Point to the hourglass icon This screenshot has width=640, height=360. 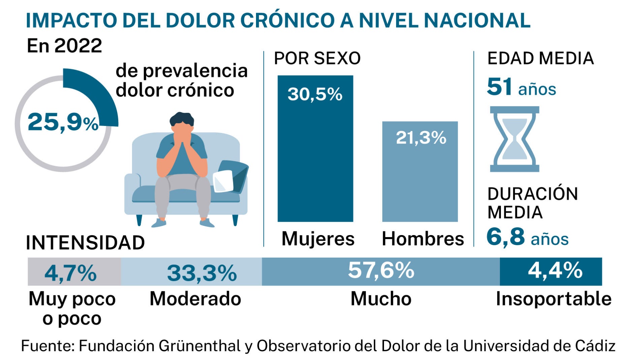[514, 139]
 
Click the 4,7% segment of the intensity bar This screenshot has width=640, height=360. [74, 272]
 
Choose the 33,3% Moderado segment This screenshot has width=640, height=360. [191, 272]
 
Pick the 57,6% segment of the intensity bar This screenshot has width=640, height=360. [381, 271]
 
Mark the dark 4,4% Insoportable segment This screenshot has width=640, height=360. [551, 271]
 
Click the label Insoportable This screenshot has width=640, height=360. [553, 299]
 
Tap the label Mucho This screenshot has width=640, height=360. [381, 299]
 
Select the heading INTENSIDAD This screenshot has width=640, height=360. [85, 243]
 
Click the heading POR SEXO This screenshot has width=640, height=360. [317, 59]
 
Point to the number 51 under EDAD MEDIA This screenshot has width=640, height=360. [499, 87]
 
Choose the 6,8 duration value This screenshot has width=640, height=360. [505, 237]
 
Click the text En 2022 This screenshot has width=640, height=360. [64, 46]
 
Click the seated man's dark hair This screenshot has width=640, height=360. [182, 119]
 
